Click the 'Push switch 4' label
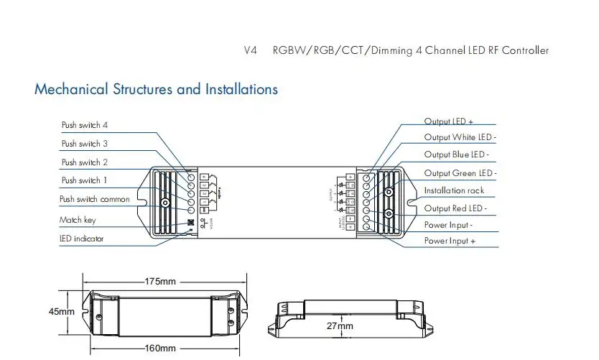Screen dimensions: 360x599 pos(85,125)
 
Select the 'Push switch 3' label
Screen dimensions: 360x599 pos(85,144)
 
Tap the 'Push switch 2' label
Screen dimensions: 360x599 pos(85,162)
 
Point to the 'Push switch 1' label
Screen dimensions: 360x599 pos(85,180)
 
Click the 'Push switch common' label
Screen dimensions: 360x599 pos(96,199)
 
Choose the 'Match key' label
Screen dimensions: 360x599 pos(77,220)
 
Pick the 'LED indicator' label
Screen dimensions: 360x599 pos(81,239)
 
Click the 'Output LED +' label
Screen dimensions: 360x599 pos(448,122)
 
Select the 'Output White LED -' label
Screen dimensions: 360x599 pos(460,137)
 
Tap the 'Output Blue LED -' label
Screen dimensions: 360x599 pos(456,154)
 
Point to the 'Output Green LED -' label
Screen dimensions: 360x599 pos(460,173)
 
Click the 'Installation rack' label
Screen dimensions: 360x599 pos(454,190)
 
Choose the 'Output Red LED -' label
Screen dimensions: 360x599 pos(455,208)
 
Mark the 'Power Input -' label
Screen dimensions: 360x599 pos(448,225)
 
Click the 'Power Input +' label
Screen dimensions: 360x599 pos(450,241)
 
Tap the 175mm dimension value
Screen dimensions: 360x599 pos(160,281)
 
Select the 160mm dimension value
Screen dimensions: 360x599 pos(160,349)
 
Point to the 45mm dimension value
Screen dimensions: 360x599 pos(62,312)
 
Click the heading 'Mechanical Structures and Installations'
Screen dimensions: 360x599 pos(156,90)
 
